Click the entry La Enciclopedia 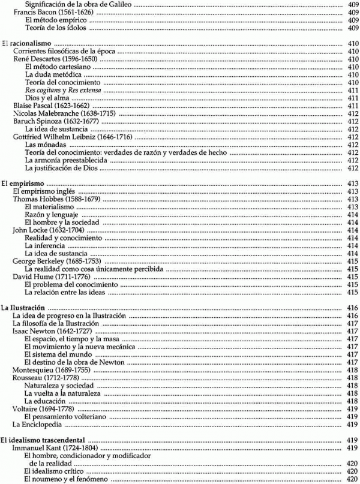coord(38,425)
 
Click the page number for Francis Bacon coord(353,12)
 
